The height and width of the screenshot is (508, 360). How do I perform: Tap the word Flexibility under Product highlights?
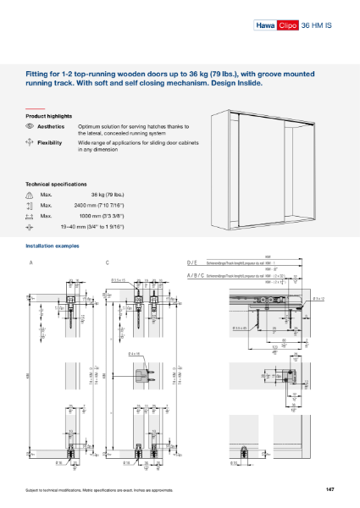click(x=50, y=143)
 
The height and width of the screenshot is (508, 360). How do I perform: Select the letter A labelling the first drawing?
click(x=30, y=263)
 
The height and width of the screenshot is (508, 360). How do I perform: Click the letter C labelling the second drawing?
click(x=107, y=263)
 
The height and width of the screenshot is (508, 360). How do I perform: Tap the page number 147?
click(x=330, y=489)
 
